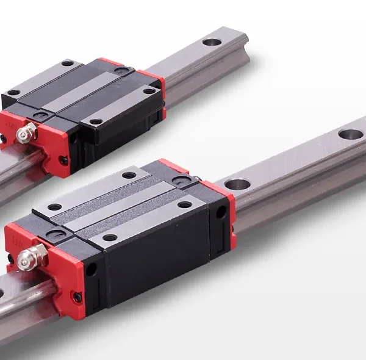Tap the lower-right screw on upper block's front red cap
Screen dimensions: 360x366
tap(62, 160)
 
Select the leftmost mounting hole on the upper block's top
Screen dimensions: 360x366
tap(15, 93)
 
